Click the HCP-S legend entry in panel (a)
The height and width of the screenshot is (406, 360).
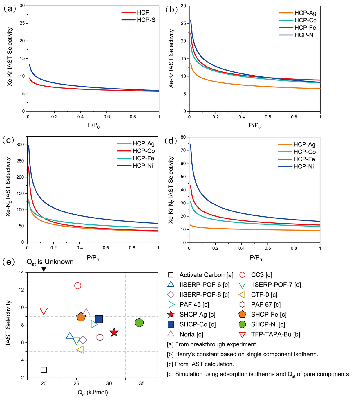click(146, 20)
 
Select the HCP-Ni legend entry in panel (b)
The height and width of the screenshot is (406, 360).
click(304, 35)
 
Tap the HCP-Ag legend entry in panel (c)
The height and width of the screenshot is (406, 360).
click(143, 143)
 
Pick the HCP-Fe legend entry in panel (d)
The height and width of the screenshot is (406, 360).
click(304, 159)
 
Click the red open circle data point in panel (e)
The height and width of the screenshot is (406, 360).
click(77, 286)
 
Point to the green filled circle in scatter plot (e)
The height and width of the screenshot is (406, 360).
click(139, 323)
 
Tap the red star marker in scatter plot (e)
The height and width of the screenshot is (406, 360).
click(114, 332)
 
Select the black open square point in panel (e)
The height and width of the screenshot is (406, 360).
click(44, 370)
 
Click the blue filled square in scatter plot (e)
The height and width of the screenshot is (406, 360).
click(99, 319)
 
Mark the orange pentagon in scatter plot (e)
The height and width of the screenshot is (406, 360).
click(81, 317)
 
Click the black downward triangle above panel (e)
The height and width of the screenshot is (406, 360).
click(44, 269)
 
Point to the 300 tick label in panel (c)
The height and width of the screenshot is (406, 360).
click(20, 145)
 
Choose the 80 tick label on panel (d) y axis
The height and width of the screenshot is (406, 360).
click(183, 137)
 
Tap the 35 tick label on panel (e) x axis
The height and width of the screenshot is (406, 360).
click(142, 383)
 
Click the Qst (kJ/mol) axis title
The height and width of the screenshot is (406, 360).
click(93, 393)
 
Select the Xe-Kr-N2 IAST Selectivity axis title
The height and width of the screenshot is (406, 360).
click(171, 190)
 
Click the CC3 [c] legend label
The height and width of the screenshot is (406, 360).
click(261, 275)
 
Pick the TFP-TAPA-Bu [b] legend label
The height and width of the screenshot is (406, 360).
click(275, 334)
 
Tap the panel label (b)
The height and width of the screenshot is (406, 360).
click(171, 9)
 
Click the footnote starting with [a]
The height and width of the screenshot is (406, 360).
click(212, 344)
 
